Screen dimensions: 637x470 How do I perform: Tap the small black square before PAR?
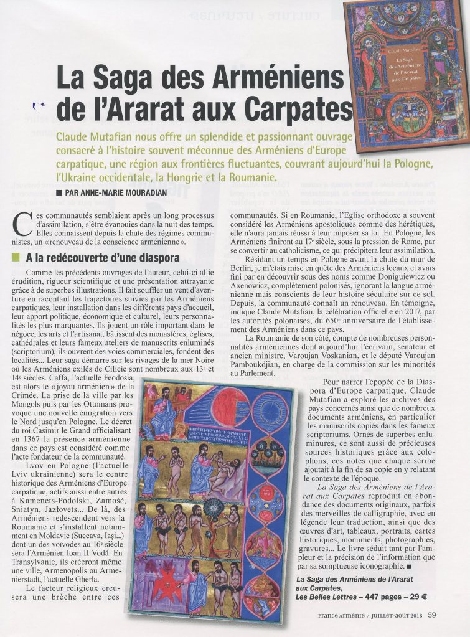(x=58, y=192)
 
